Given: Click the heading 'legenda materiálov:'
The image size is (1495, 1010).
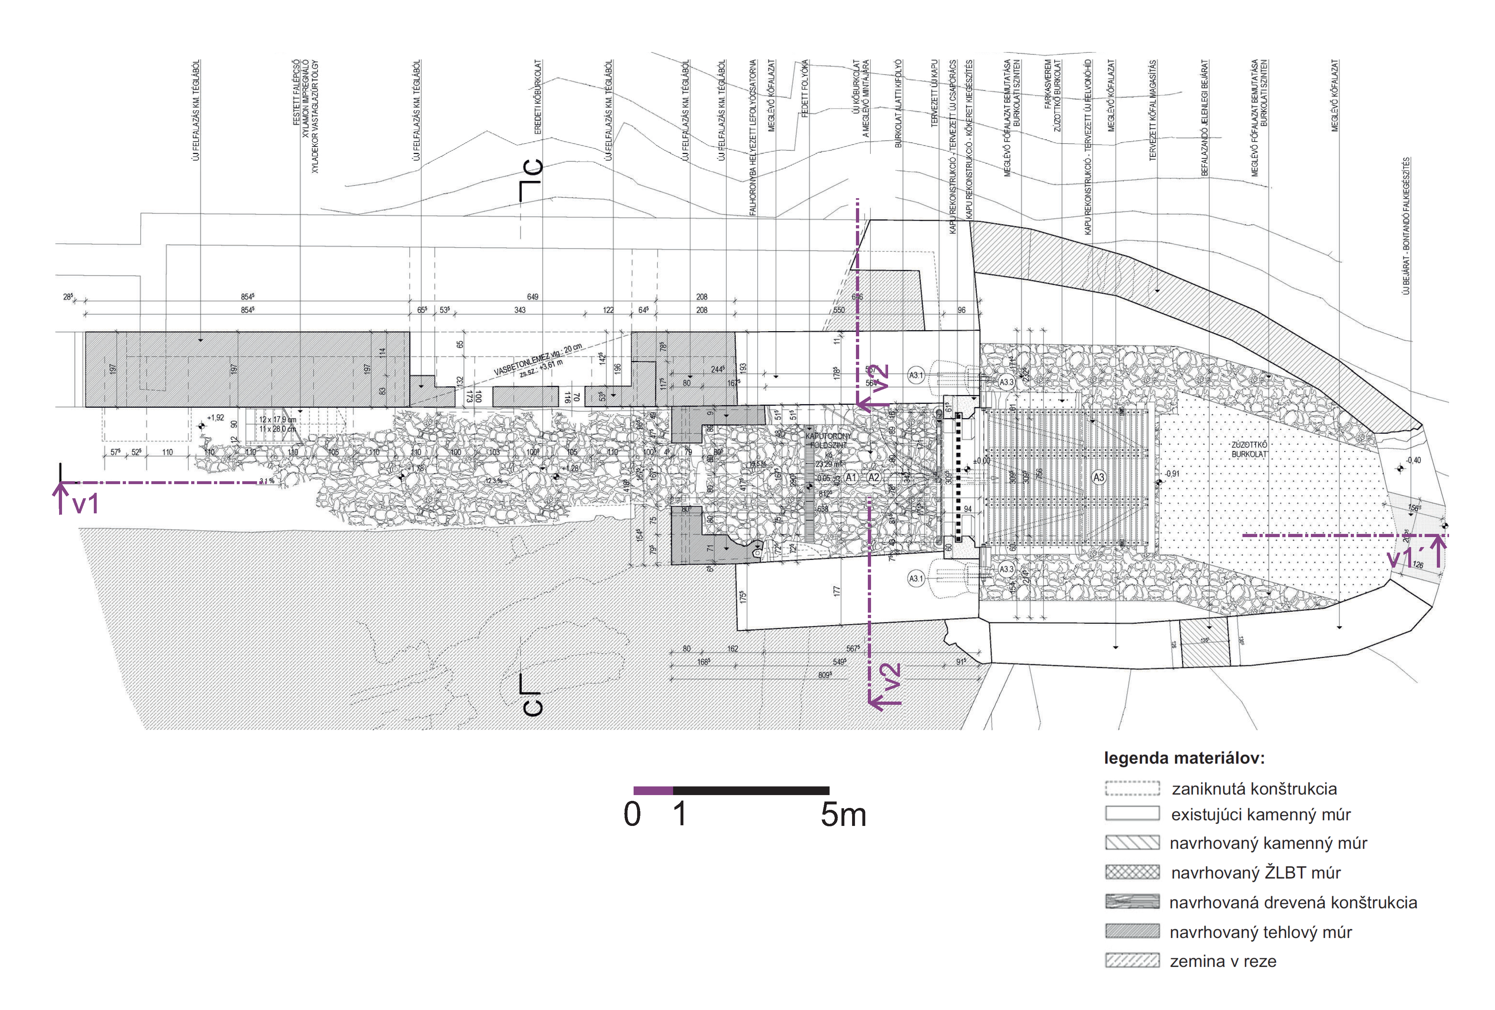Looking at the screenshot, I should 1184,758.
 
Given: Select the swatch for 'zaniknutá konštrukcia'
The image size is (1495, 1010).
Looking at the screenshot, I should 1132,788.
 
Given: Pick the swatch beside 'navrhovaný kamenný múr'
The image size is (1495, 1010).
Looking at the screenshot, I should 1132,842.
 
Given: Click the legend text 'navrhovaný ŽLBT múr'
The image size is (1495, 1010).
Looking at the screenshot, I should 1256,872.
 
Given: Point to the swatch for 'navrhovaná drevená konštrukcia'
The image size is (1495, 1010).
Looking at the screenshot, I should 1132,901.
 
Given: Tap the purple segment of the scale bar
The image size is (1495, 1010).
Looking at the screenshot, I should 653,791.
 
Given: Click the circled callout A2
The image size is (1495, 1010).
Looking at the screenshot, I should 874,477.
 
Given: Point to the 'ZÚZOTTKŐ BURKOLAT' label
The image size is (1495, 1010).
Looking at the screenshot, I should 1249,449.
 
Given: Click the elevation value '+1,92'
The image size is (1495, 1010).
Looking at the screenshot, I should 216,418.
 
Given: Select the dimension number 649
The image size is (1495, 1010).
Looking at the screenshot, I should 533,297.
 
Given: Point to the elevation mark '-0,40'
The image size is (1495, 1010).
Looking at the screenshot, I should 1413,460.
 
